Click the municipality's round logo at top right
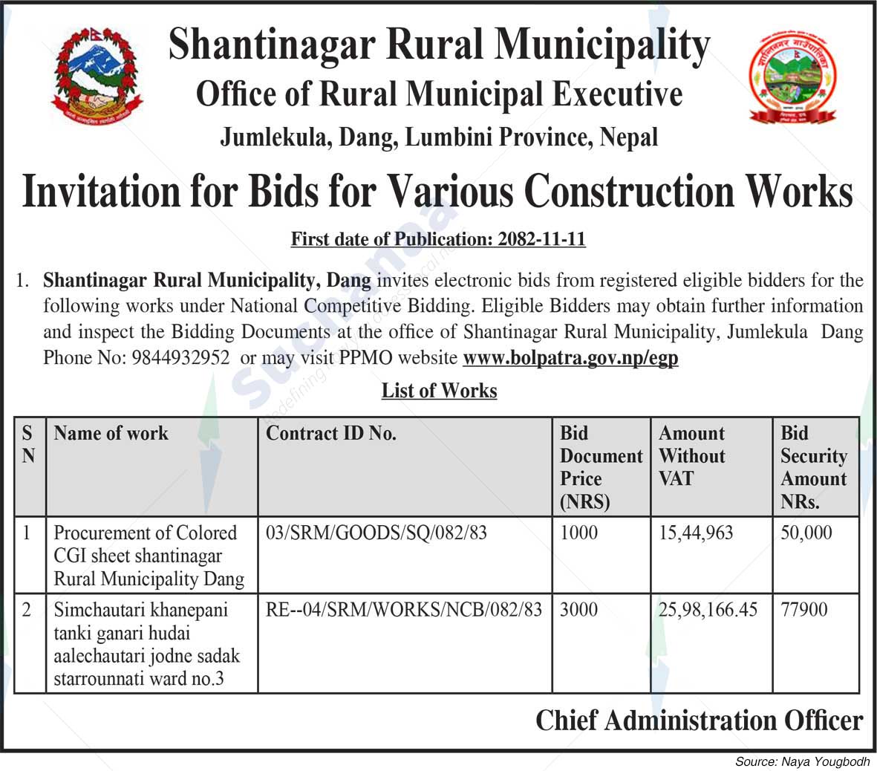(x=792, y=77)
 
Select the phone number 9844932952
(x=180, y=357)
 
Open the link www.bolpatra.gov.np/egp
(x=570, y=358)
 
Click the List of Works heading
(x=439, y=391)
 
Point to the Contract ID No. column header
(x=331, y=434)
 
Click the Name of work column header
(x=111, y=434)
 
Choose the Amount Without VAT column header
(x=692, y=455)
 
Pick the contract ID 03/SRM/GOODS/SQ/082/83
(x=376, y=533)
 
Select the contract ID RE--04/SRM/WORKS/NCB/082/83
(x=404, y=610)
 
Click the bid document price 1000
(x=578, y=533)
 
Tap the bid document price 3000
(x=578, y=610)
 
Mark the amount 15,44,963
(x=696, y=533)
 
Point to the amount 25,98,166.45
(x=708, y=610)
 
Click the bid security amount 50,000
(x=806, y=533)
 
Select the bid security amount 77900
(x=803, y=610)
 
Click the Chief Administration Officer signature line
(x=699, y=720)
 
